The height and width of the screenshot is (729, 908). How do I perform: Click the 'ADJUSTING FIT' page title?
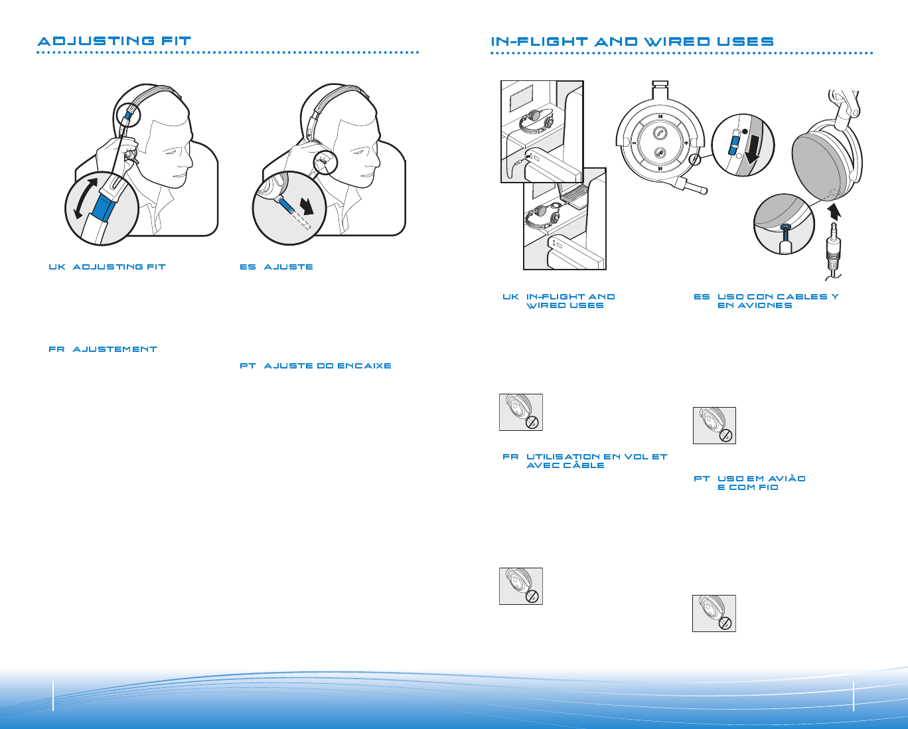pyautogui.click(x=114, y=41)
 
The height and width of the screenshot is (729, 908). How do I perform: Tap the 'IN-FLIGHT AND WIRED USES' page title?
pyautogui.click(x=632, y=42)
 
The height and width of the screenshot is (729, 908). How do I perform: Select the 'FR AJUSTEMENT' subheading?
pyautogui.click(x=103, y=349)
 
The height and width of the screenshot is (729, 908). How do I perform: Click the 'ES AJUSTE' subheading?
pyautogui.click(x=276, y=267)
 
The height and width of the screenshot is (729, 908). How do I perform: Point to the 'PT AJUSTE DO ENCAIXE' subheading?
pyautogui.click(x=315, y=366)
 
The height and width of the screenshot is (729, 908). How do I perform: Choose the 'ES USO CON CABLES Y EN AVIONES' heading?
pyautogui.click(x=767, y=301)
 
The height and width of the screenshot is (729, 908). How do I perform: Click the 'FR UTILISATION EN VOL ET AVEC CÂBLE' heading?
pyautogui.click(x=585, y=461)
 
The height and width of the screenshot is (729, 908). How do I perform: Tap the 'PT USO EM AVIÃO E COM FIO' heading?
pyautogui.click(x=750, y=483)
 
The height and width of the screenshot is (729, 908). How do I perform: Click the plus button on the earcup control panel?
pyautogui.click(x=686, y=142)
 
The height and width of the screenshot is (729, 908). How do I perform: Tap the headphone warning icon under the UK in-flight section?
pyautogui.click(x=521, y=412)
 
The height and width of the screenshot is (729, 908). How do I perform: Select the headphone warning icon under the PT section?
pyautogui.click(x=714, y=613)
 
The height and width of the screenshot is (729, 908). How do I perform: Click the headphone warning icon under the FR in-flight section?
pyautogui.click(x=521, y=586)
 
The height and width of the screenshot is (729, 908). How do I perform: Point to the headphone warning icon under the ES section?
pyautogui.click(x=715, y=426)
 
